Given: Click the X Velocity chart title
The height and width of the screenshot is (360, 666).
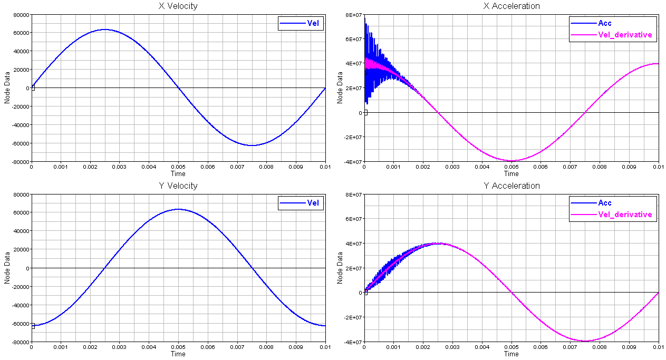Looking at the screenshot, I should [x=178, y=6].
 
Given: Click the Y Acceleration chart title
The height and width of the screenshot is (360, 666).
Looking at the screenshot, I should [x=511, y=186].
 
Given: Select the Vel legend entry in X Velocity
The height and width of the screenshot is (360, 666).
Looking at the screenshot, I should [x=301, y=23].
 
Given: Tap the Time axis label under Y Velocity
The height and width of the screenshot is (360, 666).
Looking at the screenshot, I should [x=178, y=354].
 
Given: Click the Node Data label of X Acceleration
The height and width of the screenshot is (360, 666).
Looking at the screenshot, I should [x=340, y=87].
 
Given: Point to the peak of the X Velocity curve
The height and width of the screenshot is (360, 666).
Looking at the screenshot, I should [x=105, y=30].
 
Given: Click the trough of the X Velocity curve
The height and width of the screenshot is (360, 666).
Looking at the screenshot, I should [x=252, y=145].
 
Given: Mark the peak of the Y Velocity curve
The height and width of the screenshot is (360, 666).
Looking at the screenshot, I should [x=178, y=209].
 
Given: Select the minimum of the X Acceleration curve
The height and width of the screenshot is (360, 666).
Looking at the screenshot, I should [x=511, y=161].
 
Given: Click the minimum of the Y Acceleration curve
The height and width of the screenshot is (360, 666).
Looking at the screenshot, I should [x=585, y=340].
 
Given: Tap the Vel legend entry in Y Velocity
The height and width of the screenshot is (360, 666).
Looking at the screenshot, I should [x=301, y=203].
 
